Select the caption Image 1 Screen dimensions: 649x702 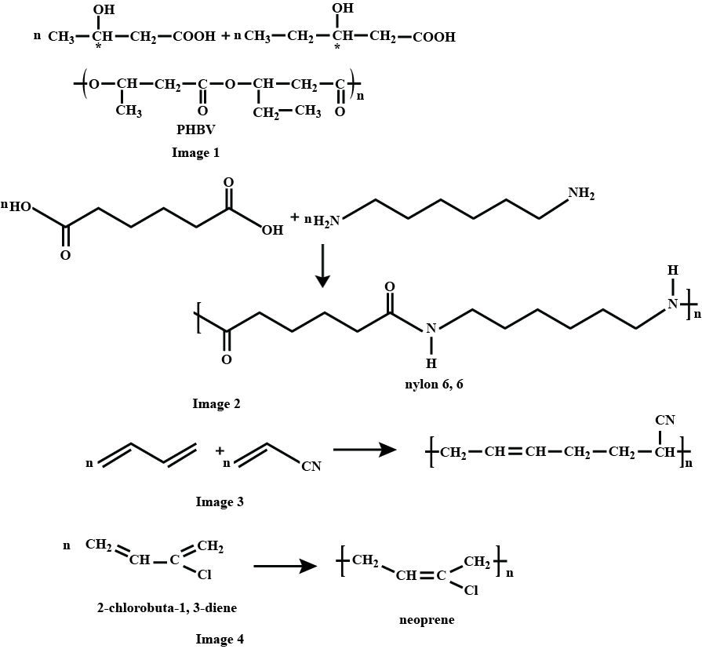[195, 153]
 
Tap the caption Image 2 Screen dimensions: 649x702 [216, 405]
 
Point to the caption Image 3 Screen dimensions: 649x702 [220, 502]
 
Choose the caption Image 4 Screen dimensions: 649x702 [220, 640]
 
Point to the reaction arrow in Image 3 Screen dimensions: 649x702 [362, 450]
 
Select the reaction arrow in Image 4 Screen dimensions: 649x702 [284, 565]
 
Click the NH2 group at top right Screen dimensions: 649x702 [582, 193]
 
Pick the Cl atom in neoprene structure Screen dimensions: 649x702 [471, 591]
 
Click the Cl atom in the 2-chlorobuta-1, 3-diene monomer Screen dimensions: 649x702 [205, 575]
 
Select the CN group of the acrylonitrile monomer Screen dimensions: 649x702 [311, 468]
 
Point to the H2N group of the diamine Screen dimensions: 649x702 [327, 221]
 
